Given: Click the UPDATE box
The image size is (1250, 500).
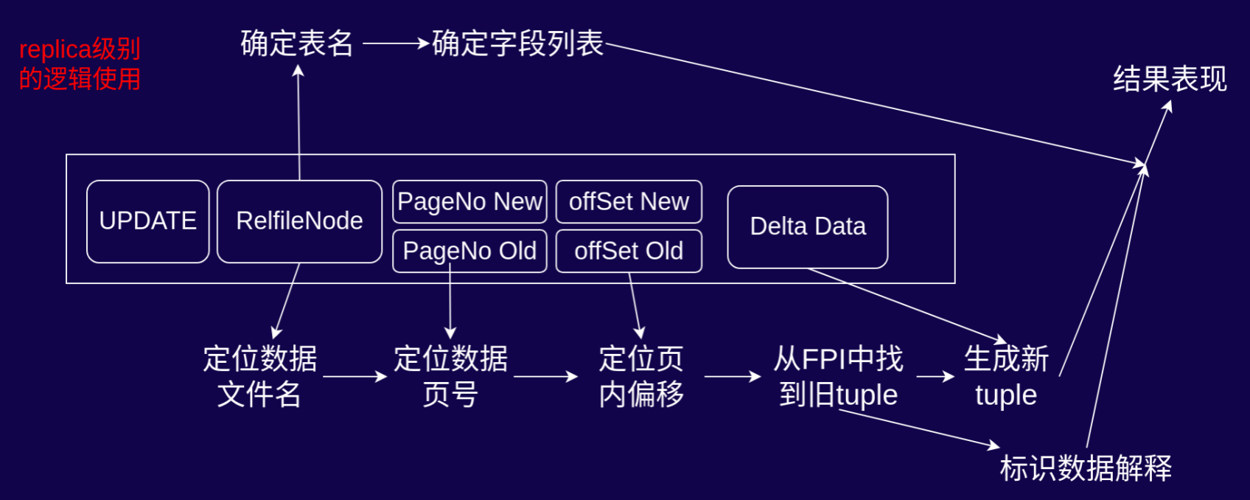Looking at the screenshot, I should click(147, 221).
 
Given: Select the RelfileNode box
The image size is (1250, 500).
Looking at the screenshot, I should click(299, 221).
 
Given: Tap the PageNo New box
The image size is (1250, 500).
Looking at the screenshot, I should click(469, 201).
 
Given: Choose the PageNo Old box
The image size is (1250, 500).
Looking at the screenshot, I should click(469, 251).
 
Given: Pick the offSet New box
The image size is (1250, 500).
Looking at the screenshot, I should click(629, 201).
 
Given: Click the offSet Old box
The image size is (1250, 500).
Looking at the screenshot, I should click(629, 251).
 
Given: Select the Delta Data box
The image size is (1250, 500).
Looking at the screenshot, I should click(807, 226).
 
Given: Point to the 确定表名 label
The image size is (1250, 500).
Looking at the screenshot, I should click(297, 44).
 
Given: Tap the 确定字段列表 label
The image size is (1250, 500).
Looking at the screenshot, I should click(517, 44).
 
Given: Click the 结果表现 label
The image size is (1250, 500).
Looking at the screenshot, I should click(1170, 79).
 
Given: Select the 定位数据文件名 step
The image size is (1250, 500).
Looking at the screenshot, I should click(259, 376).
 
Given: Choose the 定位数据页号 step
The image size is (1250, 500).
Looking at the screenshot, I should click(450, 376).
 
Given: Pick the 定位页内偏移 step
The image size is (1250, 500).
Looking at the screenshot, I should click(641, 376).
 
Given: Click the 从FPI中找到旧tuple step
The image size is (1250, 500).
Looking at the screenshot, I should click(838, 376).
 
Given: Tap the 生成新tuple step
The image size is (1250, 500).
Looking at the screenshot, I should click(1006, 376).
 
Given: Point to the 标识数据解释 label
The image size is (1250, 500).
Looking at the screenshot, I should click(1085, 468).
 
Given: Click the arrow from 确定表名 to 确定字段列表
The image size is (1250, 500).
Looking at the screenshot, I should click(395, 44).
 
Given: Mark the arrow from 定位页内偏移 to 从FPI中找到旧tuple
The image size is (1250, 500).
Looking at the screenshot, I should click(732, 376).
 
